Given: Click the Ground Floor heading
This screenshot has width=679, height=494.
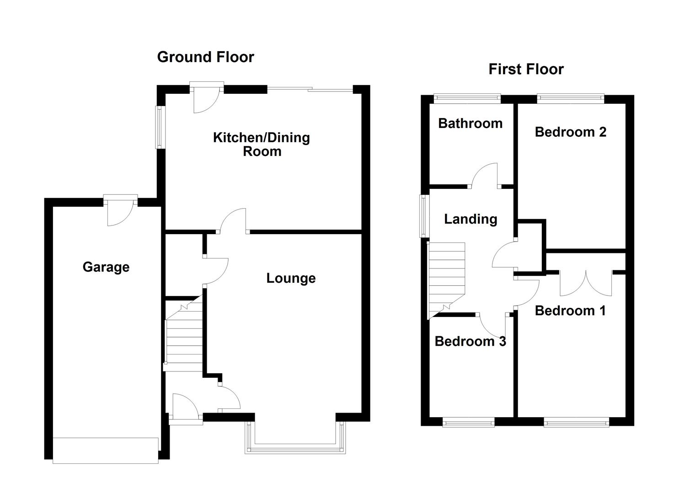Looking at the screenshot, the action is (205, 57).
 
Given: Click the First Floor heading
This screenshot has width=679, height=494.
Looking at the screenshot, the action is (526, 69).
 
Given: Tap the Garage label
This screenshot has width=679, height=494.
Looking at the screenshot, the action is (106, 267).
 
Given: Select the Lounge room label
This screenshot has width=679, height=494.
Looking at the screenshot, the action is (291, 279).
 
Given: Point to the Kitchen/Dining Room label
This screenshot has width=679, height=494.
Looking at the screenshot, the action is (262, 145).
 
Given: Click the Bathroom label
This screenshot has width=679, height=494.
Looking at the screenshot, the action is (470, 123).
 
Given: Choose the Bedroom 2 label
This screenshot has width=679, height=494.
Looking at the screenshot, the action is (571, 132).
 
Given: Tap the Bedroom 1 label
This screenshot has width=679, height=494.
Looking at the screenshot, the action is (570, 311).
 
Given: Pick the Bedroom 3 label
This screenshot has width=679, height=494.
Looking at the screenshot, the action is (470, 342).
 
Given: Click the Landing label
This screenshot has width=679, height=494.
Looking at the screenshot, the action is (470, 219).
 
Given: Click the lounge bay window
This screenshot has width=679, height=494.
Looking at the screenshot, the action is (295, 450).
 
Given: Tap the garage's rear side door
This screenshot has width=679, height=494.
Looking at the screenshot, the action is (120, 210).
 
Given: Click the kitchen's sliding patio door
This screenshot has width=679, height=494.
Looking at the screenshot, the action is (310, 89).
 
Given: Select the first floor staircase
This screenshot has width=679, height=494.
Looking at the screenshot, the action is (446, 280).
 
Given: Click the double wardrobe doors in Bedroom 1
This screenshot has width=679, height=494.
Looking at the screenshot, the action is (586, 283).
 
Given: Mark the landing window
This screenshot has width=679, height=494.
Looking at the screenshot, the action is (424, 216).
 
